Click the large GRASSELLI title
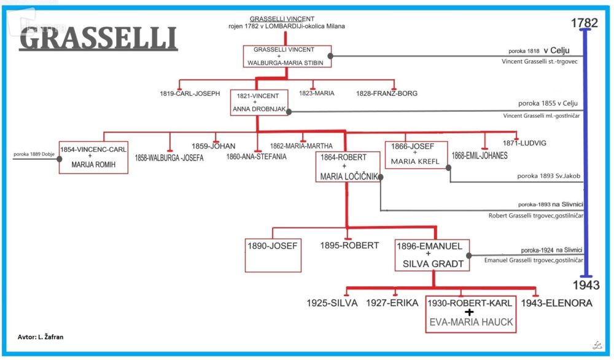pyautogui.click(x=98, y=39)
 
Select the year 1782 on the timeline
pyautogui.click(x=583, y=23)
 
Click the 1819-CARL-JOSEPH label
pyautogui.click(x=189, y=94)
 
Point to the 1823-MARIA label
pyautogui.click(x=316, y=94)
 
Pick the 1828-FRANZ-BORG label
pyautogui.click(x=386, y=94)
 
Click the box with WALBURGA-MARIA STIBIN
pyautogui.click(x=287, y=57)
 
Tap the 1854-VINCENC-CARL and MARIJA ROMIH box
pyautogui.click(x=93, y=157)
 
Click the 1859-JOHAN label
pyautogui.click(x=213, y=146)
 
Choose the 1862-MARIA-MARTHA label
pyautogui.click(x=301, y=146)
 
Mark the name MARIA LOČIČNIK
pyautogui.click(x=348, y=177)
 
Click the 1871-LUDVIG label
pyautogui.click(x=524, y=143)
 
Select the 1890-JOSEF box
pyautogui.click(x=273, y=254)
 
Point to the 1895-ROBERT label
pyautogui.click(x=349, y=245)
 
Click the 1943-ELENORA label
pyautogui.click(x=556, y=303)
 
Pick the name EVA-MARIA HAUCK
pyautogui.click(x=471, y=322)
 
